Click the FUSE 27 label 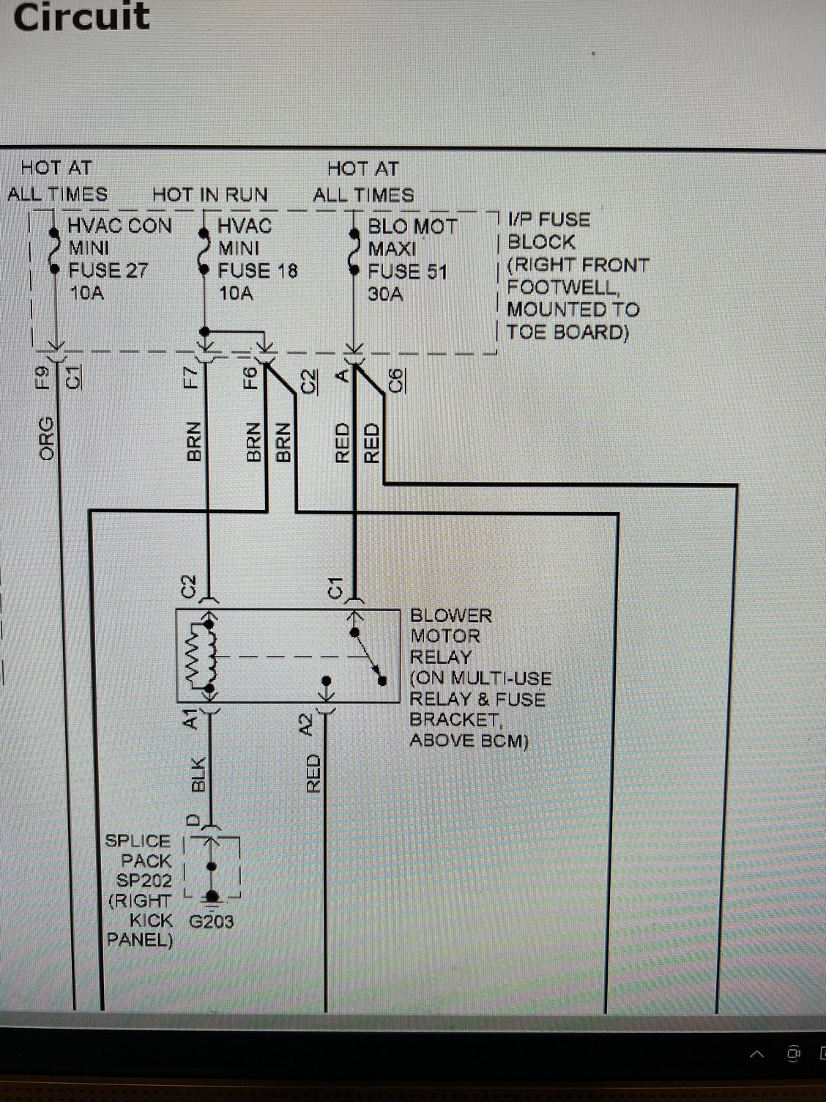(x=108, y=271)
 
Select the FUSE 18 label (x=258, y=271)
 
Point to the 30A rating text (x=385, y=295)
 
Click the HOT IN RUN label (x=210, y=195)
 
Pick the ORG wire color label (x=47, y=438)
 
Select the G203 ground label (x=212, y=921)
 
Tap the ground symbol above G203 (x=212, y=897)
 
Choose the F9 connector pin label (x=43, y=377)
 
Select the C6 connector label (x=395, y=381)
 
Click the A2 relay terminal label (x=307, y=724)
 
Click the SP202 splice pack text (x=144, y=880)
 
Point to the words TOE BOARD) (x=568, y=332)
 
